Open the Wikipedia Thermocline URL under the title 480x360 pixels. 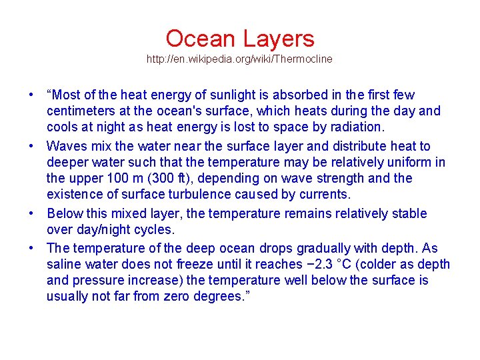coord(239,59)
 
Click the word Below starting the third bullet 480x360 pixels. coord(64,214)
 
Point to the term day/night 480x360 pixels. coord(115,230)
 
